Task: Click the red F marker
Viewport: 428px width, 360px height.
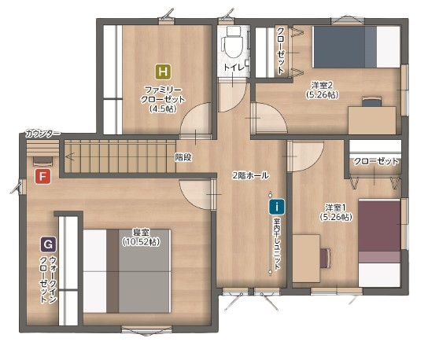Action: point(42,176)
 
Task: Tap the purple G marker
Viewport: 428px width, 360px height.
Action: point(48,244)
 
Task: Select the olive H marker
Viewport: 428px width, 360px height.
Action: point(163,72)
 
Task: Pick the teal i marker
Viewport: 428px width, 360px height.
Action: point(277,207)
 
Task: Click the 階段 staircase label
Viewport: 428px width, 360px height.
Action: point(183,157)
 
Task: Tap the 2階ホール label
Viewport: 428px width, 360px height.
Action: point(250,175)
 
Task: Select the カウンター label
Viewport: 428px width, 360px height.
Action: point(42,134)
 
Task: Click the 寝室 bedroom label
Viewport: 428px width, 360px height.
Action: point(141,233)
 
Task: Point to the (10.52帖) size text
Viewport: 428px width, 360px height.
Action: point(141,242)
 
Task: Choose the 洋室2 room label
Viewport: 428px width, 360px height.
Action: point(322,86)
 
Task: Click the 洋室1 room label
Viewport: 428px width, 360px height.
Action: point(336,208)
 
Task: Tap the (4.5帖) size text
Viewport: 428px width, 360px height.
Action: point(163,108)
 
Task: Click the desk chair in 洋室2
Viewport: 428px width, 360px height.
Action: point(372,101)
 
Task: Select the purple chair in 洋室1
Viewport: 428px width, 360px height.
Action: point(326,258)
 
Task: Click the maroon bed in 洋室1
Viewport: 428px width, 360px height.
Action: point(380,242)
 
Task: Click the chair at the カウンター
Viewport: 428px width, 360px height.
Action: point(42,161)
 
